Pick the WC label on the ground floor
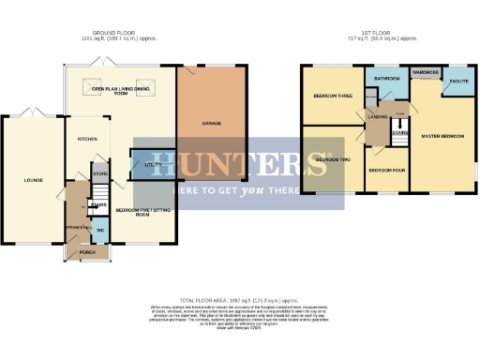tap(100, 230)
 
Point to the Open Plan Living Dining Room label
tap(121, 92)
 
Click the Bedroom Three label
tap(330, 97)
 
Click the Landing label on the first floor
tap(378, 117)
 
